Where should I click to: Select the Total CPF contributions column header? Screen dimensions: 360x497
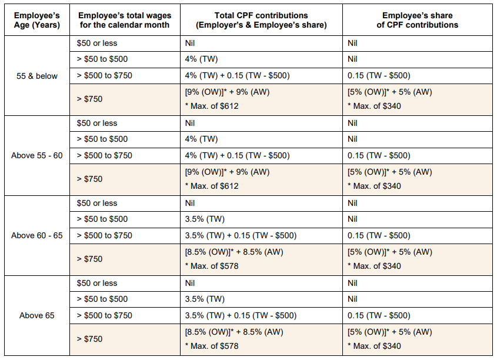coord(262,19)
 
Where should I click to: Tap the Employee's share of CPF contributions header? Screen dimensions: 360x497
coord(420,19)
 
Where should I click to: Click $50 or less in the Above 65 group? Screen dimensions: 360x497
coord(97,283)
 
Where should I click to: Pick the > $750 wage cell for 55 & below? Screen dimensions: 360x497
coord(89,99)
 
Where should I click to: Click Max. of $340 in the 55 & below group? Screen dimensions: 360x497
coord(374,106)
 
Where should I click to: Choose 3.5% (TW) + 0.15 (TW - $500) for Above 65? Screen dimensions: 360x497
coord(241,315)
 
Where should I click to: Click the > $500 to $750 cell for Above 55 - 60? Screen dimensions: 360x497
coord(105,156)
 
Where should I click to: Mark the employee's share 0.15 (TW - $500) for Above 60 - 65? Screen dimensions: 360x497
coord(379,235)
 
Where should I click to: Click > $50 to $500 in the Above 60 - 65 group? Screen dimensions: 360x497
coord(102,219)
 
